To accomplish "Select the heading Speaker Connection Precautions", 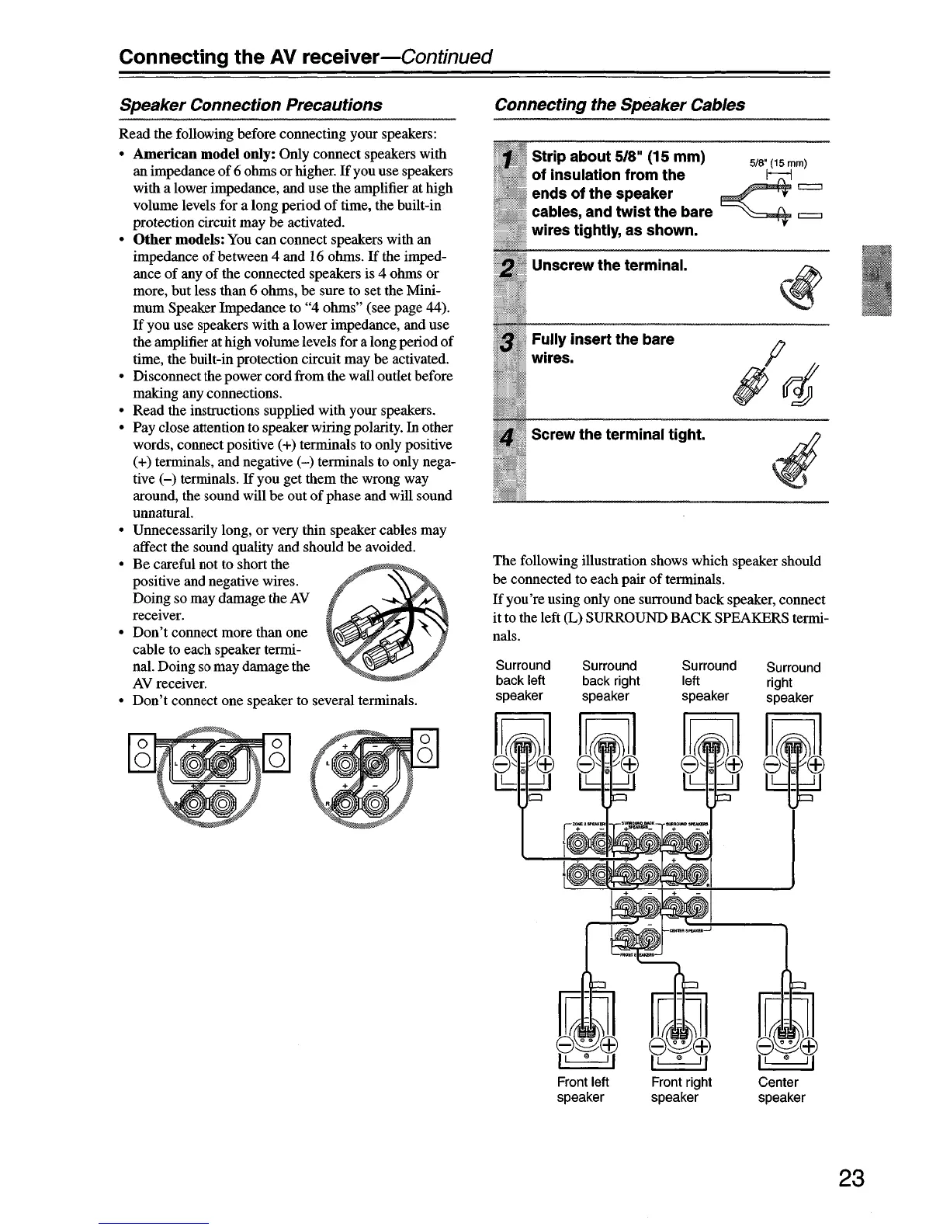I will [x=251, y=105].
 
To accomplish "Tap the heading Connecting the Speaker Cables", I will [x=619, y=105].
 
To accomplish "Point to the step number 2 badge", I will [x=508, y=269].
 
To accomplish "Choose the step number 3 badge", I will [x=508, y=342].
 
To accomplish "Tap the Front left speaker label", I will [x=583, y=1089].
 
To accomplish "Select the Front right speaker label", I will [x=681, y=1089].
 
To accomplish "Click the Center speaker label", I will [x=782, y=1089].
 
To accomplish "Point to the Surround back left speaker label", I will [x=523, y=681].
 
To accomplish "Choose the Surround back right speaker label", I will [x=610, y=681].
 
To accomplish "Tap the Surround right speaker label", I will [x=792, y=683].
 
